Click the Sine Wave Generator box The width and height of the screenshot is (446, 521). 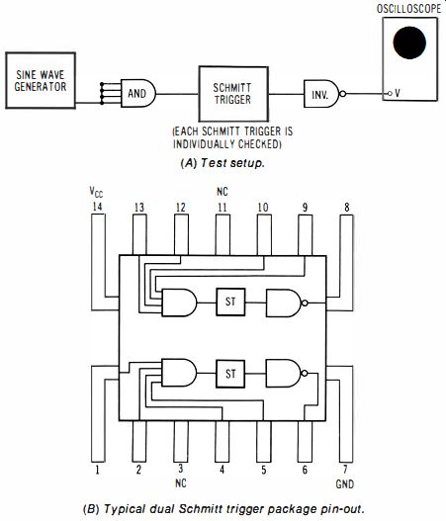41,80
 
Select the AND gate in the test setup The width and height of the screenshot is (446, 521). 138,93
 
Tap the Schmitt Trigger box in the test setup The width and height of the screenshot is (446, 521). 233,94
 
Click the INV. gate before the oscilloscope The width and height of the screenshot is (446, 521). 321,94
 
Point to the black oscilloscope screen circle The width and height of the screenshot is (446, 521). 409,43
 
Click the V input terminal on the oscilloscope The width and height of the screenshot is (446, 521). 391,94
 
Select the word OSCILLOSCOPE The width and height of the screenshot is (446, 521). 408,9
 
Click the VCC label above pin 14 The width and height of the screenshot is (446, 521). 96,192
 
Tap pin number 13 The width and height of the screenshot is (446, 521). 139,208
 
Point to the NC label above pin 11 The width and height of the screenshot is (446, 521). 223,192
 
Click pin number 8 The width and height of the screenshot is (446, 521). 347,208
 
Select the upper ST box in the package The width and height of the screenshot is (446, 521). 230,302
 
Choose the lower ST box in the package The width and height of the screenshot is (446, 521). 230,374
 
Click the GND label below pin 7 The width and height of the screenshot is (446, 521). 345,484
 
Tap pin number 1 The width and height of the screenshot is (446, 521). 97,470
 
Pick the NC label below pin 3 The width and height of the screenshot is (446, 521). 180,482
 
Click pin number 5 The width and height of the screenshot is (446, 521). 263,470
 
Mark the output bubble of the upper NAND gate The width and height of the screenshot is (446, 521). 305,304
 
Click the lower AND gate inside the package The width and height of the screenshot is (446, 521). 179,373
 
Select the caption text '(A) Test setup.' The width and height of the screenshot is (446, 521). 223,163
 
